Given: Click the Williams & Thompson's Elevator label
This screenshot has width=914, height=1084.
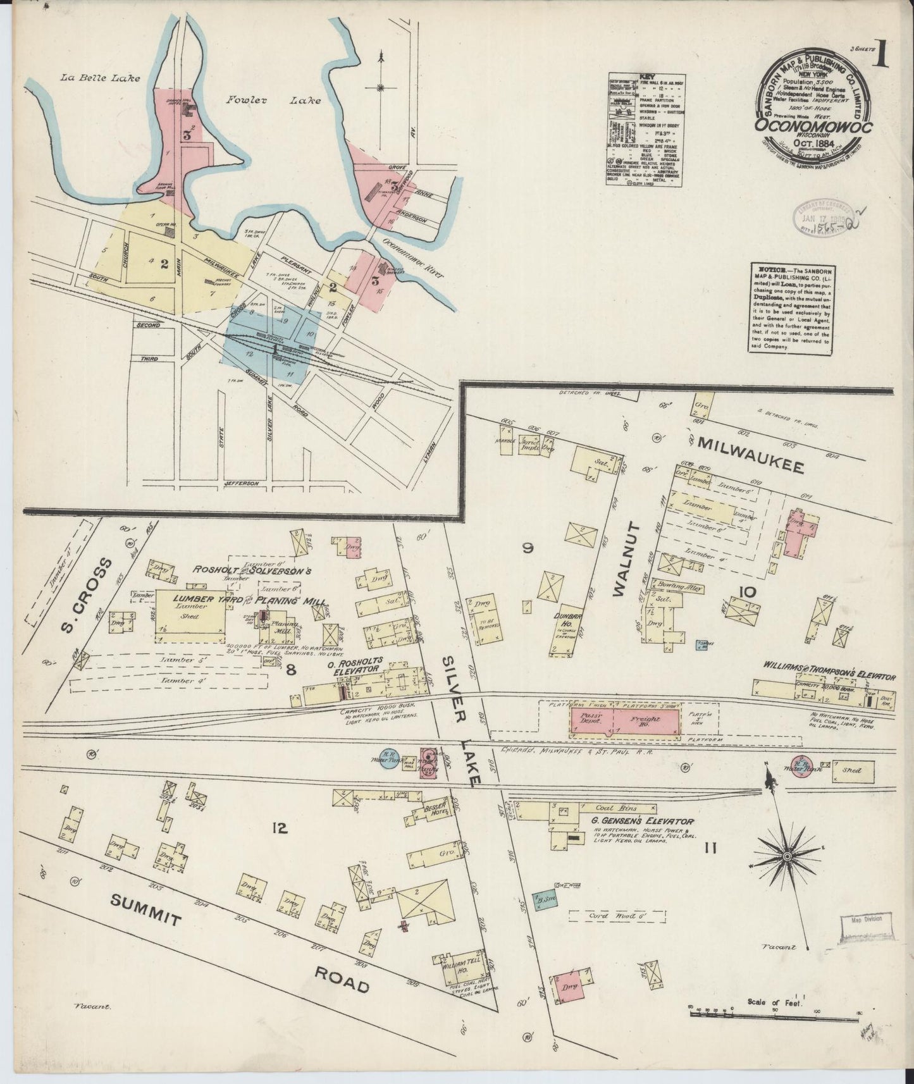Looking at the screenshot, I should click(830, 675).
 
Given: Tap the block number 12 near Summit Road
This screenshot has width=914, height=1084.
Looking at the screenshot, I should click(280, 827).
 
